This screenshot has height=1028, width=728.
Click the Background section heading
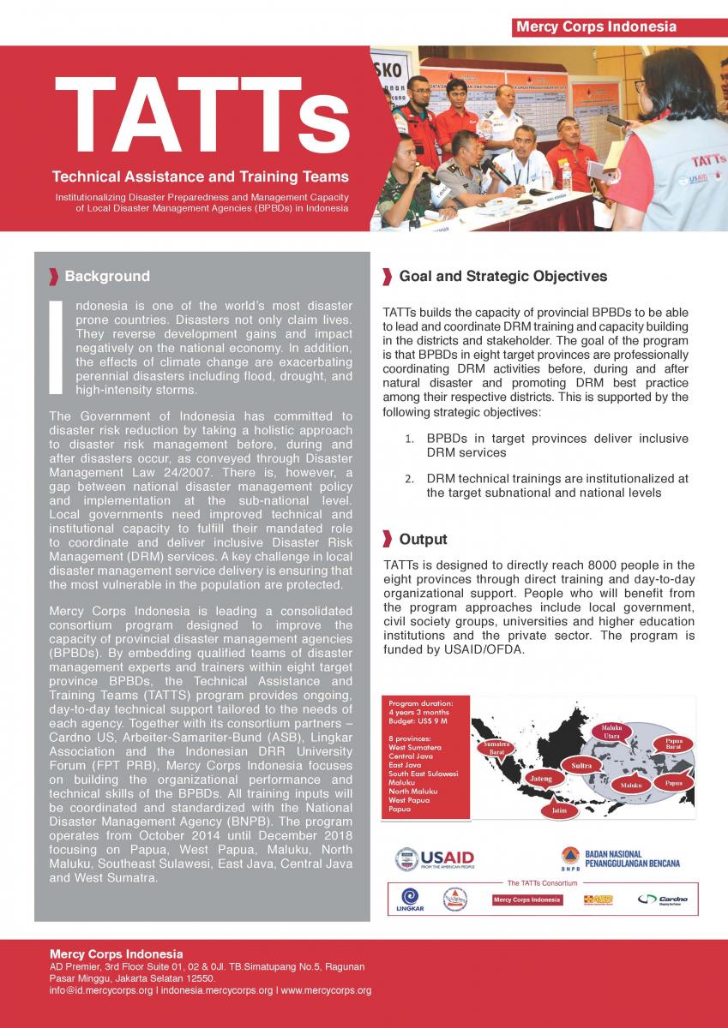[106, 276]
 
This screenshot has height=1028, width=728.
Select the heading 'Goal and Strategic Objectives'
[502, 276]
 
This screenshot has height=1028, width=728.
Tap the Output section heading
[423, 539]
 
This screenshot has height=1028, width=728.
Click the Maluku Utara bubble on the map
[611, 732]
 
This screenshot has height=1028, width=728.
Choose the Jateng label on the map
[540, 778]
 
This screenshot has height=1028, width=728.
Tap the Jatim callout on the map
[559, 810]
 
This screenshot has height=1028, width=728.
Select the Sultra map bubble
[581, 765]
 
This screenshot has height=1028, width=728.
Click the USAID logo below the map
[434, 858]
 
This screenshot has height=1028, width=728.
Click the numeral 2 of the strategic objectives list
[409, 479]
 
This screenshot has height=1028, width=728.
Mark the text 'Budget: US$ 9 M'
[418, 721]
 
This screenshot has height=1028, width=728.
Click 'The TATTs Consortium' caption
[542, 882]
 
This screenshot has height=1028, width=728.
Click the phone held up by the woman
[616, 121]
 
